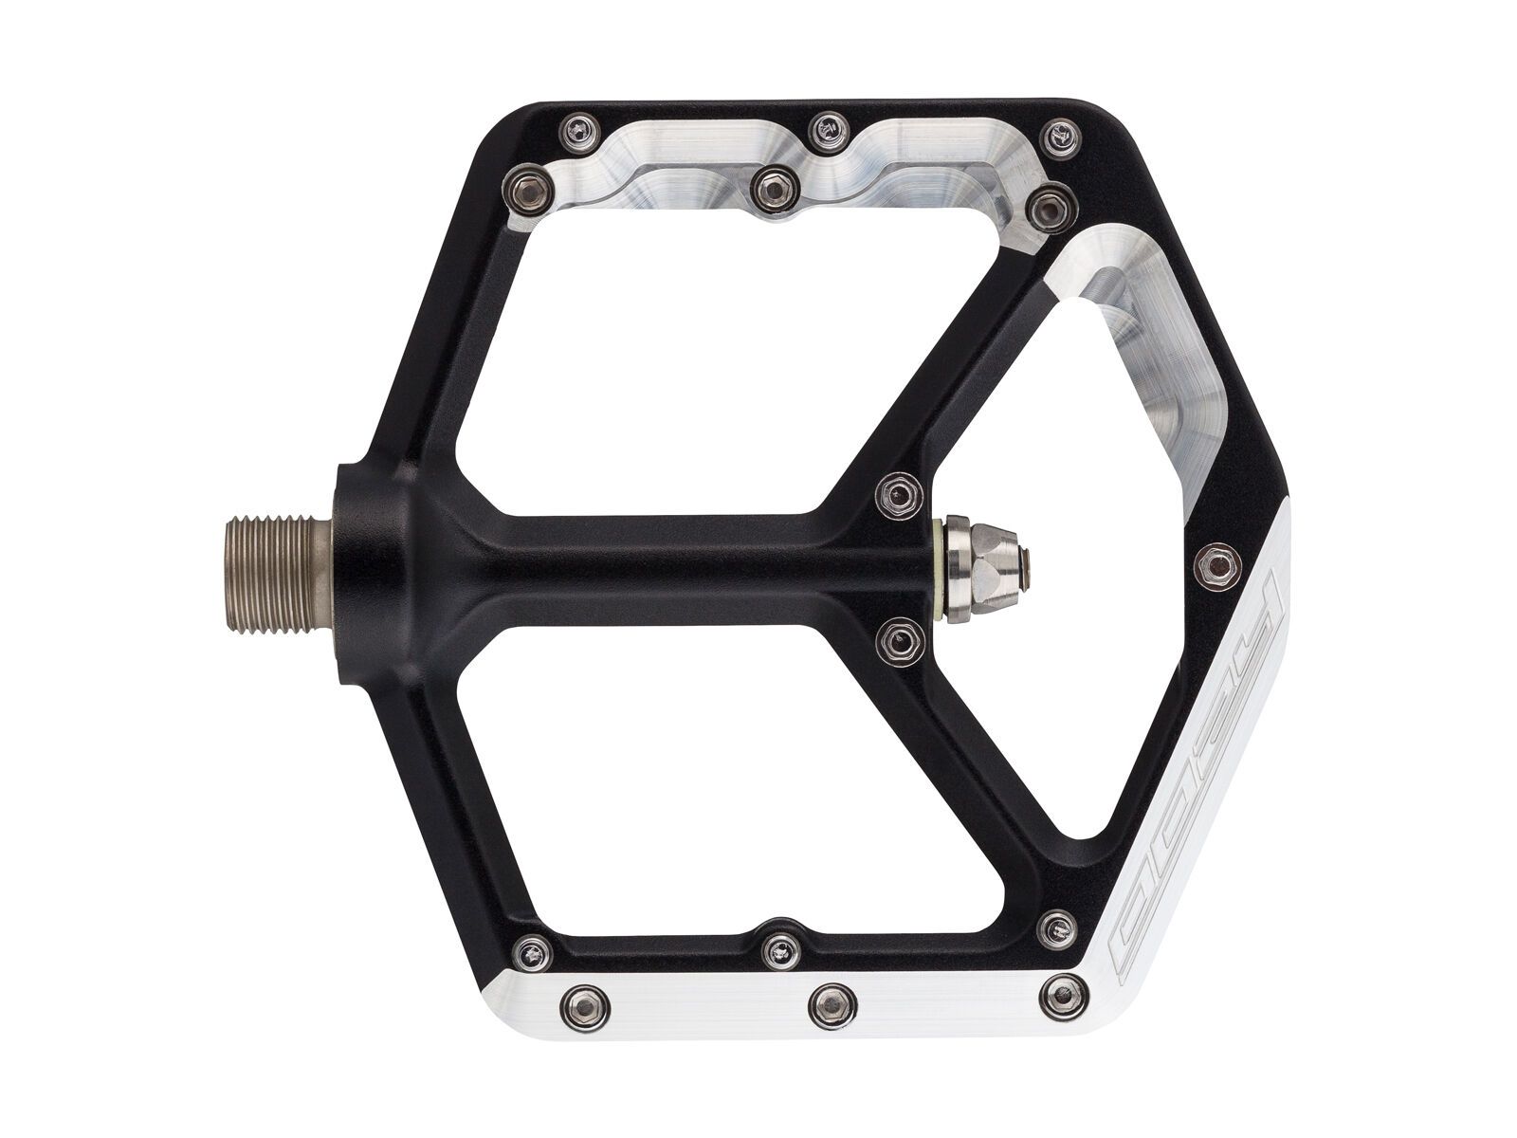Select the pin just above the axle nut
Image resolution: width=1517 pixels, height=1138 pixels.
coord(897,493)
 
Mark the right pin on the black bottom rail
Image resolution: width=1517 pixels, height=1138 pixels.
coord(1053,924)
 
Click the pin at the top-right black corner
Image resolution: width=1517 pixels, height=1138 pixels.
coord(1059,134)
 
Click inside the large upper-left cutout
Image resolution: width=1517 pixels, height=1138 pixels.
coord(654,351)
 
